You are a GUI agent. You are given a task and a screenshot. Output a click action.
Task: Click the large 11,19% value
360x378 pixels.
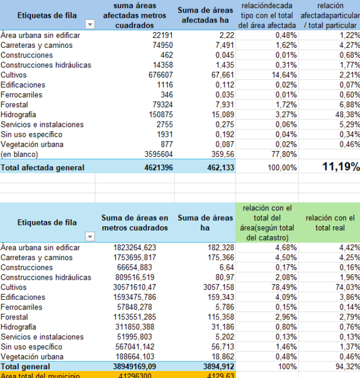click(340, 167)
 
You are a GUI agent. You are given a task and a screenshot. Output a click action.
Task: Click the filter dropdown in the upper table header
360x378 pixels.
click(89, 24)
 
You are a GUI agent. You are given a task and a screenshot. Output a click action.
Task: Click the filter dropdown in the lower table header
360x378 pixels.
click(89, 236)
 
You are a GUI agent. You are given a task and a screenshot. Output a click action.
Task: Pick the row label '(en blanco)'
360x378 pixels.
click(20, 154)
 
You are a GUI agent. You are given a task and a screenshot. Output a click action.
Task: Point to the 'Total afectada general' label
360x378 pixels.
click(42, 168)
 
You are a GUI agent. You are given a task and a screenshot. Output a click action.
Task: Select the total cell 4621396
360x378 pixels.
click(155, 168)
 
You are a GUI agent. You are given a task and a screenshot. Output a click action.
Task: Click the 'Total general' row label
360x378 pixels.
click(26, 366)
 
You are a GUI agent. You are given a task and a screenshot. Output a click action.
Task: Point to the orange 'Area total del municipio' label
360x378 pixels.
click(40, 375)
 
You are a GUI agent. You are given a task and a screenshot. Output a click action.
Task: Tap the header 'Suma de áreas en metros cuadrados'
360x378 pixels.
click(135, 222)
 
